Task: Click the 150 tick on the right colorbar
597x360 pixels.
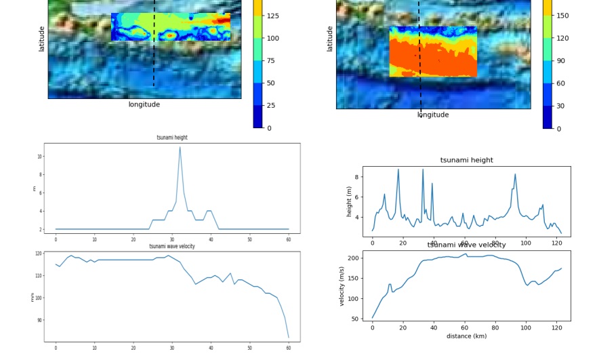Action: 562,16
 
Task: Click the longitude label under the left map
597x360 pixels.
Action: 144,104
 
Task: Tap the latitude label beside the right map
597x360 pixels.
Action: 330,39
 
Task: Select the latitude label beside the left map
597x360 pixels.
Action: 41,39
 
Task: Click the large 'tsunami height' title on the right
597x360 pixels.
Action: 466,160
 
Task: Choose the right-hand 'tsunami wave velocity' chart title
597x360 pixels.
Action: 466,245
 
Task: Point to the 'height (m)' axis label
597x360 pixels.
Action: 350,201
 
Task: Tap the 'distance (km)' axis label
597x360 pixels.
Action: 466,336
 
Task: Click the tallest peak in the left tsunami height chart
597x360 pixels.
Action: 180,147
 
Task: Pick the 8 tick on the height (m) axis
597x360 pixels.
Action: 356,177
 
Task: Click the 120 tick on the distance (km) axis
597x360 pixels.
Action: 556,327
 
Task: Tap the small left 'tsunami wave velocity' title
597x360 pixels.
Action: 172,246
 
